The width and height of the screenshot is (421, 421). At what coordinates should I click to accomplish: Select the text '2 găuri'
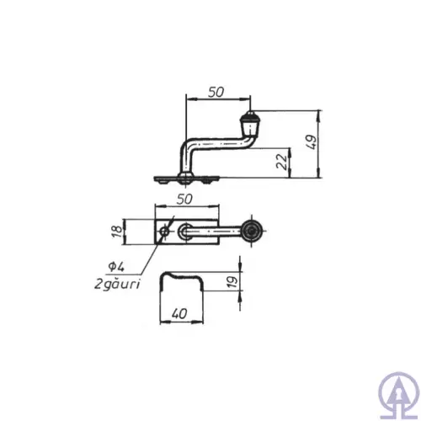coord(118,284)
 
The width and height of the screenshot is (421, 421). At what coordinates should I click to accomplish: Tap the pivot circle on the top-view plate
coord(184,230)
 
